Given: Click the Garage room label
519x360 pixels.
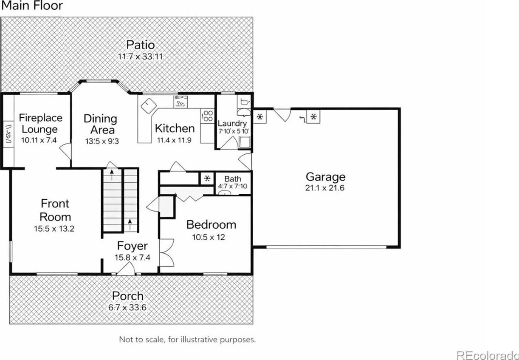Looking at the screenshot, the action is (x=325, y=177).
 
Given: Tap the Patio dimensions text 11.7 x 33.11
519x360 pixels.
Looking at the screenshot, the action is (x=141, y=57).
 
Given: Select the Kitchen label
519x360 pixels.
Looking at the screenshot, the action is (x=175, y=128).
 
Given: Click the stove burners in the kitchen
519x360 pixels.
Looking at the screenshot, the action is (x=207, y=116).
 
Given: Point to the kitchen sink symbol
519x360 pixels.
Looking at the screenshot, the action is (x=181, y=102).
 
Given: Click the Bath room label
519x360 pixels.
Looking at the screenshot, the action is (x=233, y=179).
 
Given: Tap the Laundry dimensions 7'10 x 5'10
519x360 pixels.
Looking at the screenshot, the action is (x=234, y=131).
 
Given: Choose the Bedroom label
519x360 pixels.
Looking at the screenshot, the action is (x=212, y=224).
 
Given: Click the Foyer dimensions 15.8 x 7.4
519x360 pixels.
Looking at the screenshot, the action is (x=133, y=257).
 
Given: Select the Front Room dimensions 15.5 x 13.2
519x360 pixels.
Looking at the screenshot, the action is (x=54, y=229).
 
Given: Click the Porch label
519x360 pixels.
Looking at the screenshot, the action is (x=128, y=296).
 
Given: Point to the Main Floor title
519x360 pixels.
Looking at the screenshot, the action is (x=32, y=6).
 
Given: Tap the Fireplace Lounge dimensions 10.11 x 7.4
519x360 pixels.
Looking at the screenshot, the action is (x=39, y=140).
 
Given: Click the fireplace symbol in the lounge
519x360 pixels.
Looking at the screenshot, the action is (x=9, y=134).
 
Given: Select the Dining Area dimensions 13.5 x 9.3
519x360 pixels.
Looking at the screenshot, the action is (x=102, y=141).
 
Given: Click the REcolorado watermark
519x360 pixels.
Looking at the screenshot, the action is (x=488, y=355).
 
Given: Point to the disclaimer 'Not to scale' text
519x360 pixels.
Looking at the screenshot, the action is (x=187, y=340).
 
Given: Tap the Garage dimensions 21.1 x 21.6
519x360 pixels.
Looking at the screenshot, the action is (x=324, y=188).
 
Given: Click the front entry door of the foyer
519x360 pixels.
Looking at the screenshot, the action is (x=125, y=269).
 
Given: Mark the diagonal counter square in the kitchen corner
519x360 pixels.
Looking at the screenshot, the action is (x=149, y=106).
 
